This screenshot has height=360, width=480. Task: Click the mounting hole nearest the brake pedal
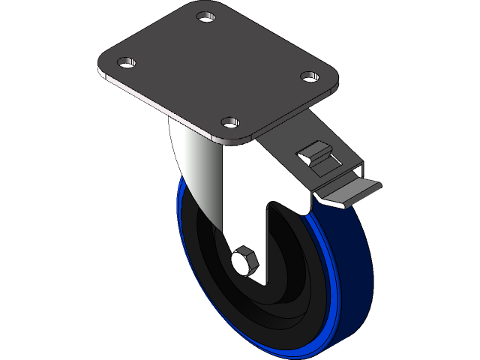(308, 76)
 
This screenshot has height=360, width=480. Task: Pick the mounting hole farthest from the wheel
(205, 16)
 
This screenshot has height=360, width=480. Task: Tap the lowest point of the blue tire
(300, 352)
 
